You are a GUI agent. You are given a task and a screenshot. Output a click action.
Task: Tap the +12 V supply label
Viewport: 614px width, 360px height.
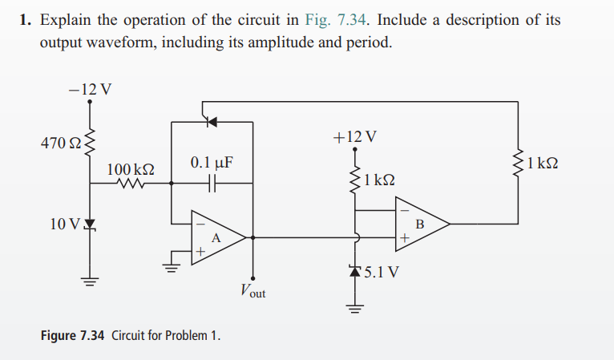pyautogui.click(x=353, y=136)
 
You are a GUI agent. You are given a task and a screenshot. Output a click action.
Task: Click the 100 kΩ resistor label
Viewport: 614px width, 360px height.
pyautogui.click(x=130, y=170)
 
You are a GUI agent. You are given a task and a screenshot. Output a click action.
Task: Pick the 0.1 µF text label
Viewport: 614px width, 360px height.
pyautogui.click(x=212, y=164)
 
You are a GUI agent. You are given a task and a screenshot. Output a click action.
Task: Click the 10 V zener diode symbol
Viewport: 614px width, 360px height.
pyautogui.click(x=89, y=222)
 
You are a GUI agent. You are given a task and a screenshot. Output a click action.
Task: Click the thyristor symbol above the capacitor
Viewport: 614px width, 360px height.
pyautogui.click(x=212, y=123)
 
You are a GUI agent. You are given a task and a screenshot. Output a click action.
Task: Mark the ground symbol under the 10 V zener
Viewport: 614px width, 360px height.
pyautogui.click(x=89, y=281)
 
